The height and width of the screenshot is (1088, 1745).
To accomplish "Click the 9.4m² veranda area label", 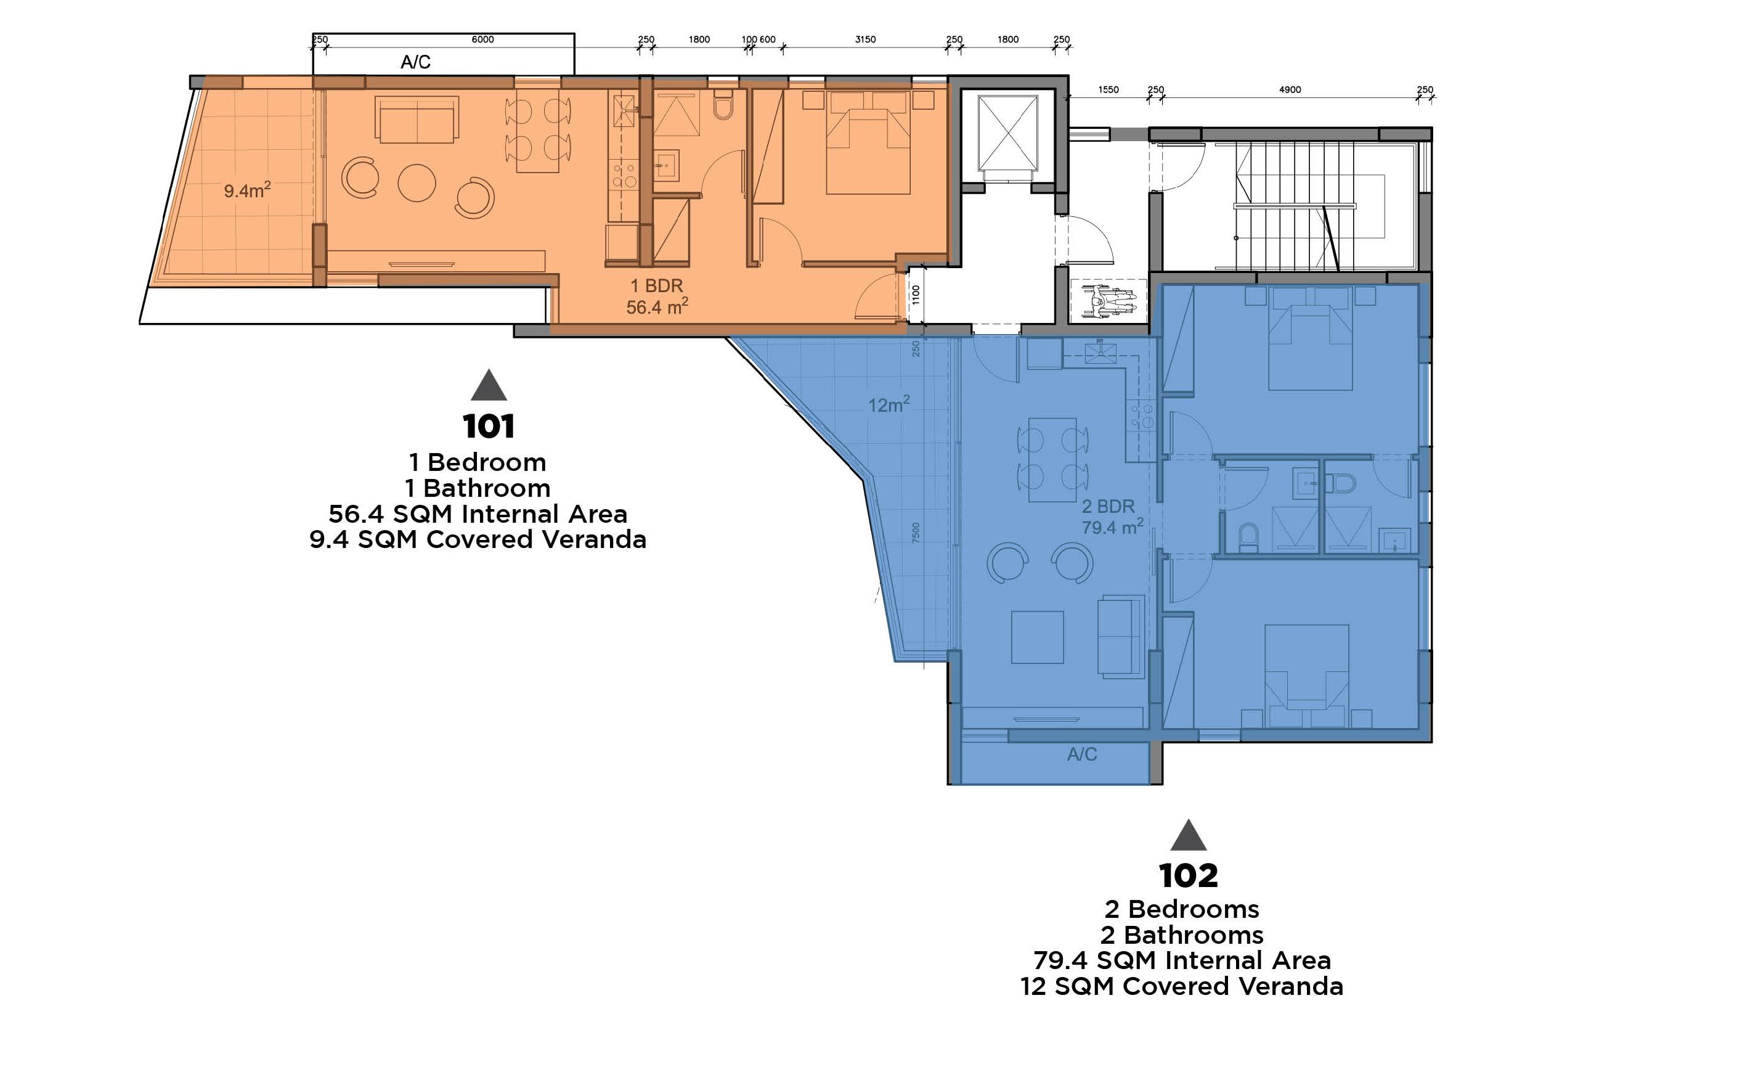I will point(246,190).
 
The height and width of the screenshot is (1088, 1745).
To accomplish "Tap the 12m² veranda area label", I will point(889,404).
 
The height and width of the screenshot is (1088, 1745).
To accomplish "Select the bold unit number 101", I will point(489,427).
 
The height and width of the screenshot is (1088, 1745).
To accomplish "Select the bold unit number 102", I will point(1188,876).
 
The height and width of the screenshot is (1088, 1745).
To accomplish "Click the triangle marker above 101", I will point(489,387).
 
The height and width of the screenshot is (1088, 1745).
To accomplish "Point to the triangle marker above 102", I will point(1188,837).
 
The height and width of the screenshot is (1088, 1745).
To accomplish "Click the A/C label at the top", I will point(415,63).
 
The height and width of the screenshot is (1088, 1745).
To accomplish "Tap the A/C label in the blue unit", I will point(1082,754).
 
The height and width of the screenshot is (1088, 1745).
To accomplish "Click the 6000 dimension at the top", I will point(482,39).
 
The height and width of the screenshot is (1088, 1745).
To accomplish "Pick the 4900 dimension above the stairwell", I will point(1290,90).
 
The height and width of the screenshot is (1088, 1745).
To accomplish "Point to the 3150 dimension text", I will point(865,39).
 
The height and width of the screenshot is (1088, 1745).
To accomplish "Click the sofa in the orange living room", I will point(417,121).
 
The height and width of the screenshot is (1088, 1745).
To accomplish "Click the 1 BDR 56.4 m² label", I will point(657,297).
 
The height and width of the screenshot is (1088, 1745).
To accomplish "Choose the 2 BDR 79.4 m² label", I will point(1112,517).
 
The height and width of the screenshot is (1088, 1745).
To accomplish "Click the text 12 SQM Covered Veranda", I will point(1181,986).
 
